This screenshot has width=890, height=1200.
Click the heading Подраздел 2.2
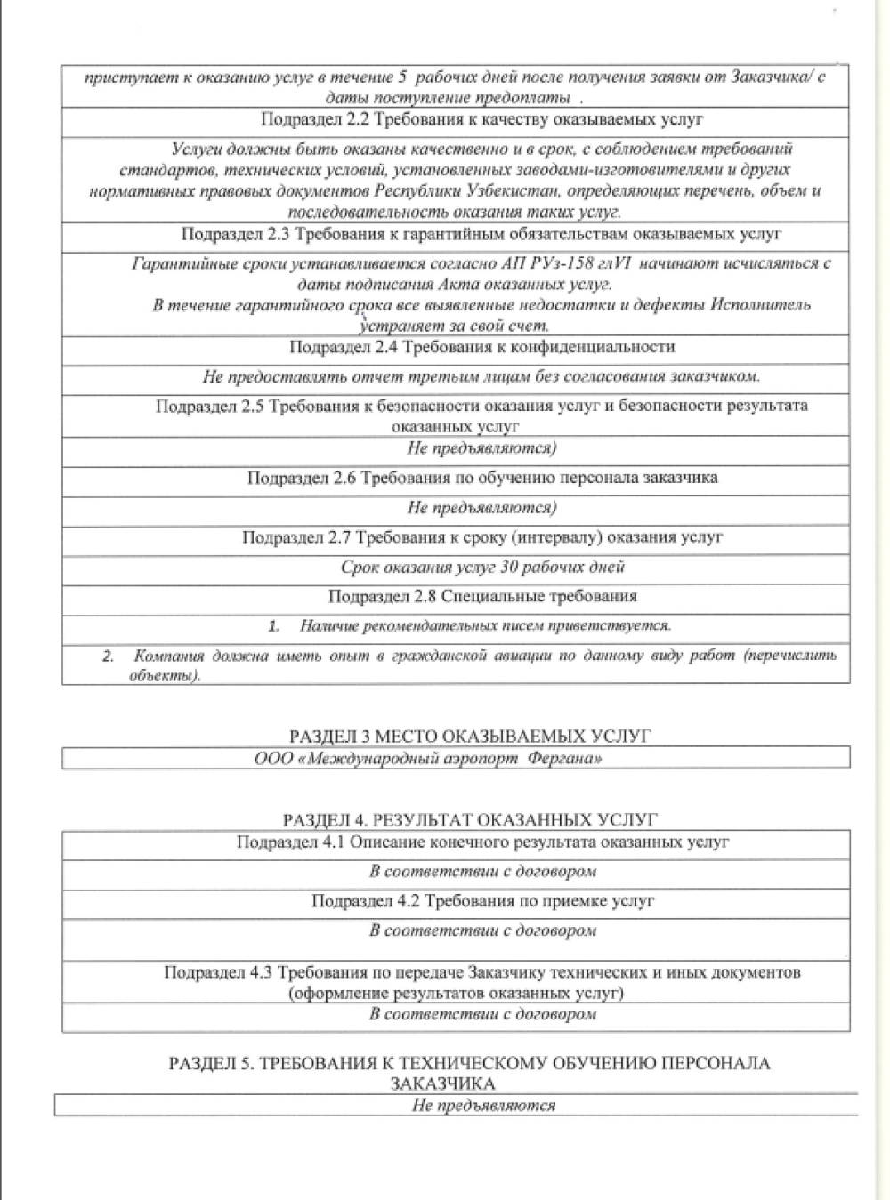481,119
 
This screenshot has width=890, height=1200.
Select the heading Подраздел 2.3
481,234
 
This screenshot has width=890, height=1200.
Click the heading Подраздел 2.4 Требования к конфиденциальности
481,347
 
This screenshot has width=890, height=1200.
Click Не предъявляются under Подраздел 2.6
481,508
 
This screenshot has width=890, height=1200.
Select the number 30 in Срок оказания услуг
510,567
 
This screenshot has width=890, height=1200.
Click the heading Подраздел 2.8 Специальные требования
481,596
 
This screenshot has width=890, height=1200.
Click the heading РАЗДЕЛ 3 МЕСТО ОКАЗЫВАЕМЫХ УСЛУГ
470,737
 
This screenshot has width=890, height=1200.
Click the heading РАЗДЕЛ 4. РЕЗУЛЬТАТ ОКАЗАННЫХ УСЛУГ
469,819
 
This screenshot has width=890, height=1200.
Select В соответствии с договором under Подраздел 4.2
482,931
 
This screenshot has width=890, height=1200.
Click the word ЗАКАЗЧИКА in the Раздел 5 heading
442,1083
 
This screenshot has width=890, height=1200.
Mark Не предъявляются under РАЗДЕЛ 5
483,1106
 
